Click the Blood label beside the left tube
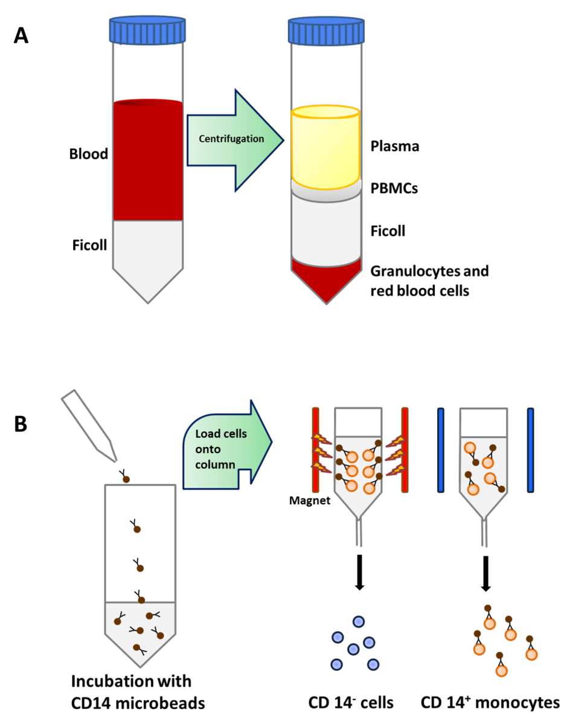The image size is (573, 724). pyautogui.click(x=88, y=154)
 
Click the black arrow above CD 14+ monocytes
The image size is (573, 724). pyautogui.click(x=485, y=570)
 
